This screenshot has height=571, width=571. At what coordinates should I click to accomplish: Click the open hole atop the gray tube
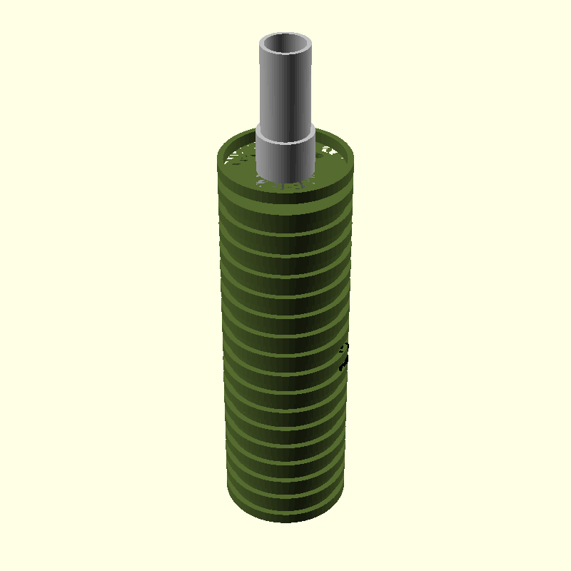285,46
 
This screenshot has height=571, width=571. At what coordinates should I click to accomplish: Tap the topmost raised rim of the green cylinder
285,187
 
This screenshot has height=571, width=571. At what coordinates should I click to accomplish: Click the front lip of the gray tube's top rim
285,56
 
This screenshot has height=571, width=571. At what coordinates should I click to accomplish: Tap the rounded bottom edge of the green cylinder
285,519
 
